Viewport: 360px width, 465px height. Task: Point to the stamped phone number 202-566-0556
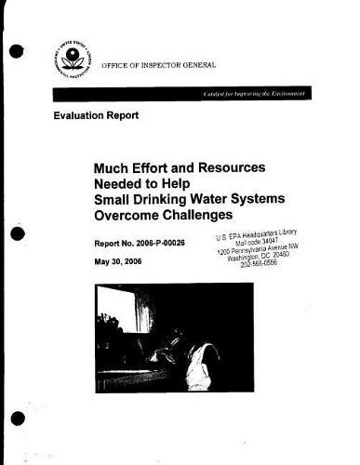pyautogui.click(x=260, y=264)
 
